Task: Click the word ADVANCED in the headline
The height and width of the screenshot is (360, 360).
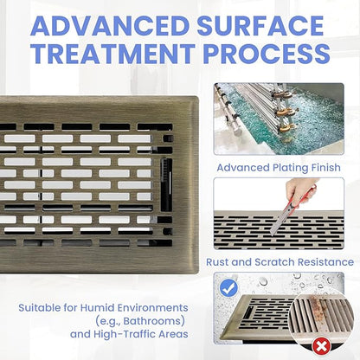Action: point(110,26)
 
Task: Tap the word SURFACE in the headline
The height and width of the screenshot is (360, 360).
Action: point(260,26)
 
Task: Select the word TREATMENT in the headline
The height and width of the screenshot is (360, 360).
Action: point(112,54)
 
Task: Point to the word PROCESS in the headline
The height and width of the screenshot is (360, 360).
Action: point(267,54)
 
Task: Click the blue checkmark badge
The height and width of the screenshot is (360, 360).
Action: point(228,288)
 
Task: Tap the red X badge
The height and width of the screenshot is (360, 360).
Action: point(322,346)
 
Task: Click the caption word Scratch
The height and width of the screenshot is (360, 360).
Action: point(274,262)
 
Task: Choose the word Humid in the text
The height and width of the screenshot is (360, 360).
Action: point(94,307)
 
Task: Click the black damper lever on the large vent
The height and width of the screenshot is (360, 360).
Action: point(166,184)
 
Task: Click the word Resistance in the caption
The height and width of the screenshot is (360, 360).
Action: point(325,262)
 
